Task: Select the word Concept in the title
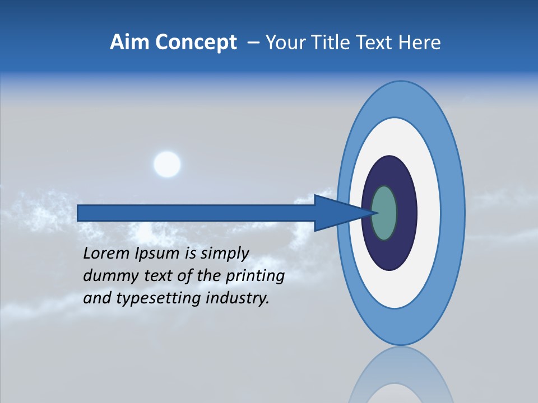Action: coord(196,43)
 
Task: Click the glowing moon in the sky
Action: coord(167,165)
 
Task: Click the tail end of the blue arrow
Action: coord(80,213)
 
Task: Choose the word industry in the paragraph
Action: coord(238,298)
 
